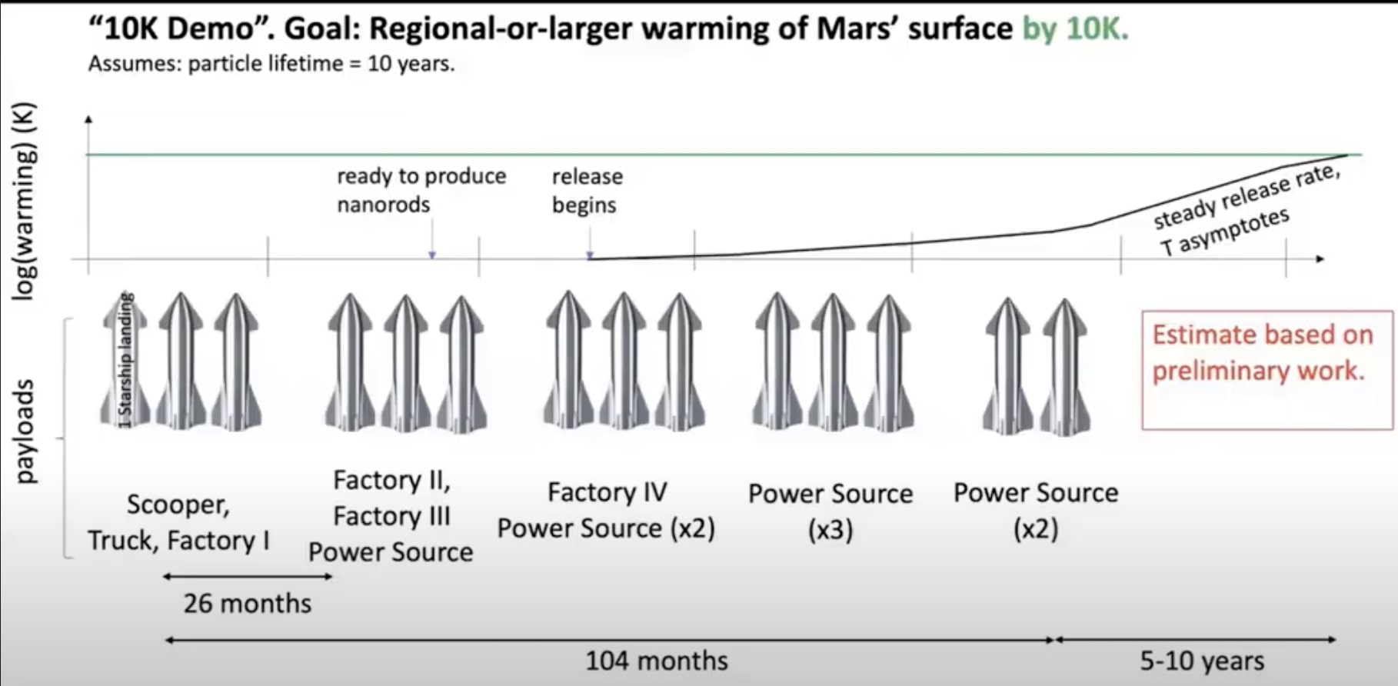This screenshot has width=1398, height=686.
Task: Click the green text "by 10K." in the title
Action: [x=1074, y=29]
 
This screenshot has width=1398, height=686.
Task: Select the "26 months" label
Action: [x=247, y=604]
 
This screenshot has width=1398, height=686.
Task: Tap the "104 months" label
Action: [x=656, y=661]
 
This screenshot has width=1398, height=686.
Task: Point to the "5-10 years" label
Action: [x=1201, y=661]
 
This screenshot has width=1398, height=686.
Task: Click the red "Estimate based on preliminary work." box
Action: [x=1266, y=369]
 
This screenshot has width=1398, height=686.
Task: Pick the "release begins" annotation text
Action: [x=587, y=191]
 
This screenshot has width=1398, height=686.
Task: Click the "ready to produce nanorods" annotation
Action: [x=421, y=191]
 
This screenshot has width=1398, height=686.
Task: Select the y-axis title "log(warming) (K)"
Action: [x=25, y=201]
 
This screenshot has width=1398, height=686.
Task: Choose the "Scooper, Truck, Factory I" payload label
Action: [x=178, y=523]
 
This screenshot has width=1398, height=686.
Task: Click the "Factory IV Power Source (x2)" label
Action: [x=606, y=511]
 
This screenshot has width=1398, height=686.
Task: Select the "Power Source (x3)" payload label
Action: [x=830, y=511]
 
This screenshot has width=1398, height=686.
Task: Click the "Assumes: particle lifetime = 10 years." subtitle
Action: [x=271, y=64]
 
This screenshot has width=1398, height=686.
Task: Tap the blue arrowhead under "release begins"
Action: [x=590, y=255]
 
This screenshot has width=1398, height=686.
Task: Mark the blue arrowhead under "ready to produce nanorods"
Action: [x=432, y=255]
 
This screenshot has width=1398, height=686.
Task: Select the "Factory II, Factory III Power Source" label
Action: [x=391, y=516]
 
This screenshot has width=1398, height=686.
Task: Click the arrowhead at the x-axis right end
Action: [x=1320, y=259]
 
